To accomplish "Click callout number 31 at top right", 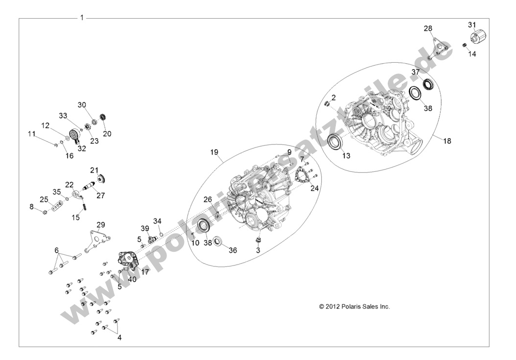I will (472, 25).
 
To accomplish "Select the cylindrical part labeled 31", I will (477, 37).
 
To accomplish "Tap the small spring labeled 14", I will (465, 46).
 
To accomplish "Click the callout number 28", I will (428, 29).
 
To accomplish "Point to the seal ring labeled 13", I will (336, 143).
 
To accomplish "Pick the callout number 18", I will (447, 141).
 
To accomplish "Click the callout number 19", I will (214, 152).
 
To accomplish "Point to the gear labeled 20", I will (103, 118).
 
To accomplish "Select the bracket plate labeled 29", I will (95, 239).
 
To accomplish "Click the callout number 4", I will (119, 337).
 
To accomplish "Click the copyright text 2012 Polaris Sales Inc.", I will (354, 307).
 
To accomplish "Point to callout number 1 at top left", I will (82, 18).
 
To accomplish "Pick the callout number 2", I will (333, 98).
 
